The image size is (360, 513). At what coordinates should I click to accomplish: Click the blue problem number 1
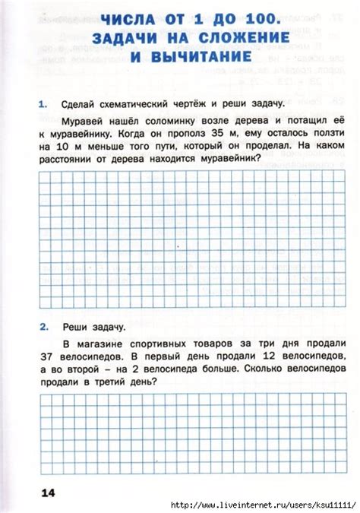click(x=43, y=103)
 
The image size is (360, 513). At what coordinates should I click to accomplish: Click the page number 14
click(x=49, y=494)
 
